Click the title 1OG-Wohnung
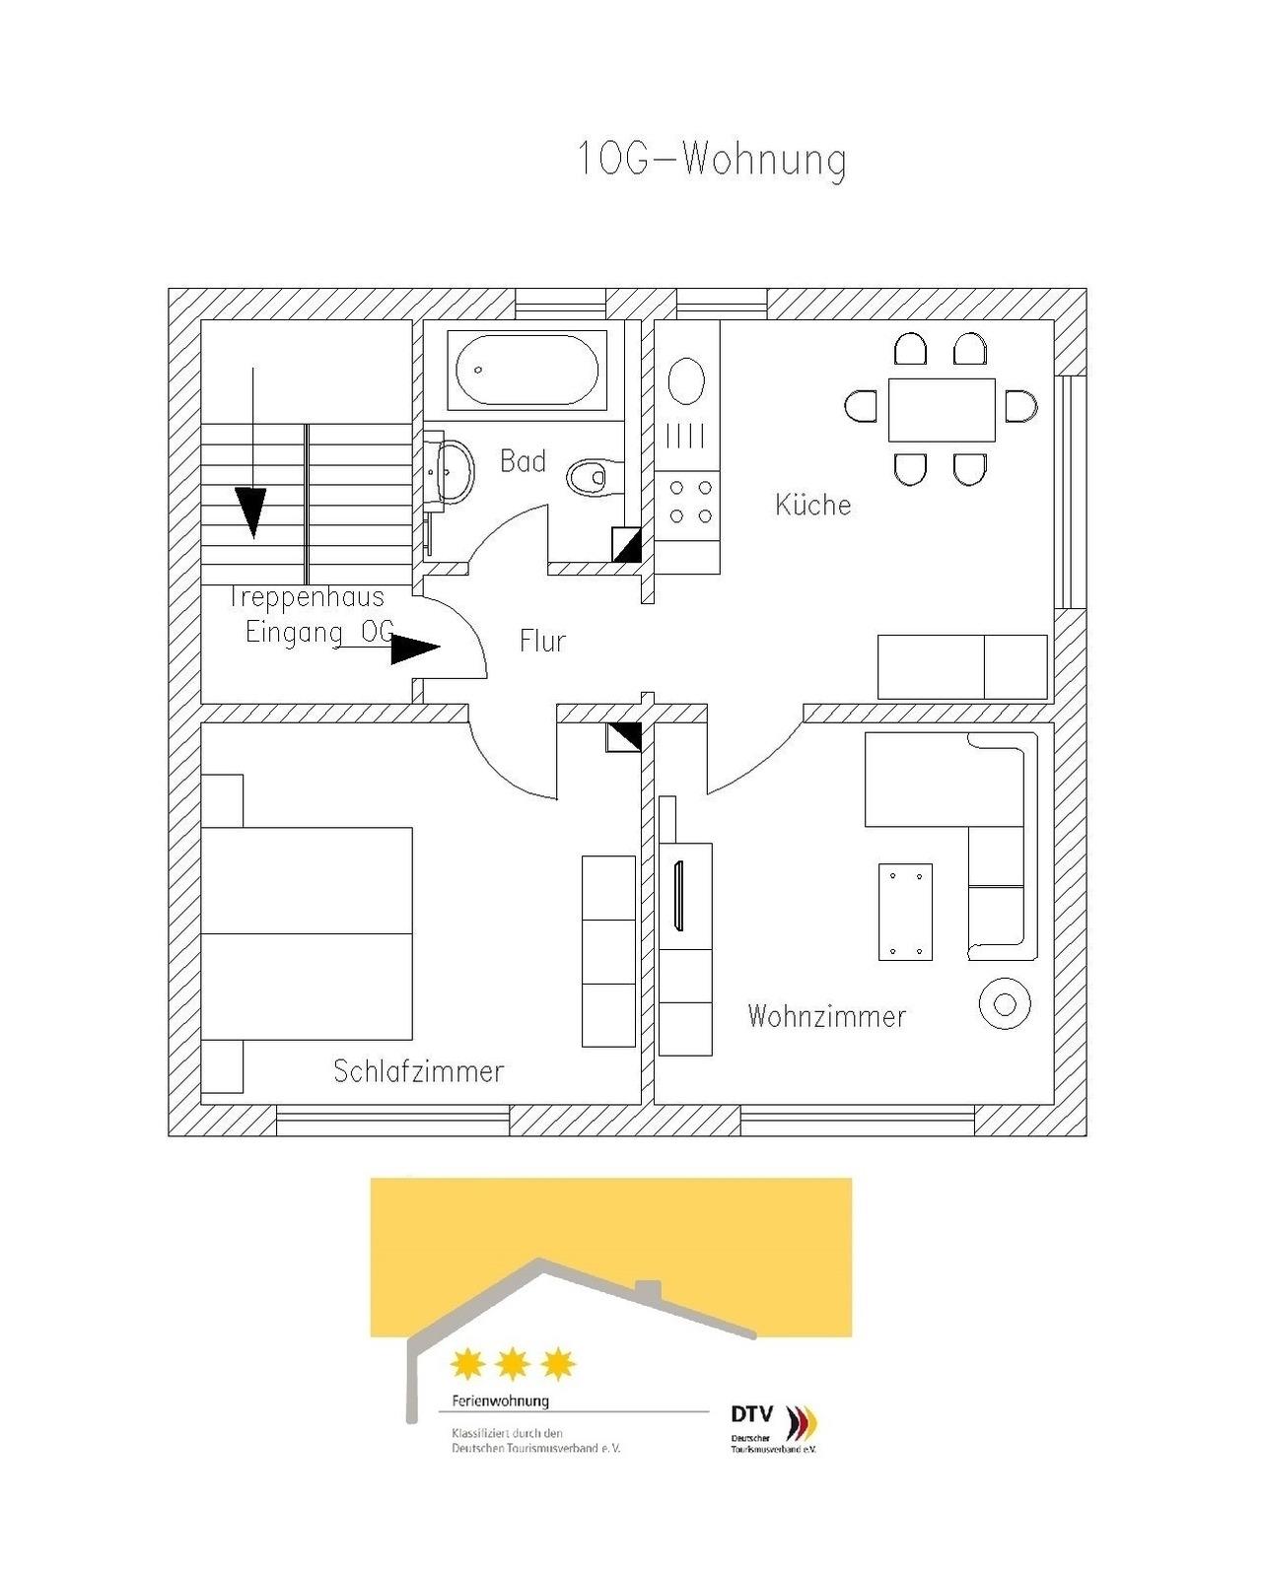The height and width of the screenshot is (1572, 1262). pyautogui.click(x=712, y=159)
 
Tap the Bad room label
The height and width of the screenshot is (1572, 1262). pyautogui.click(x=523, y=461)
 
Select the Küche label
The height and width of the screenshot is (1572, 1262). pyautogui.click(x=812, y=504)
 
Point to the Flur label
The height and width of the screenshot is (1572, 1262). pyautogui.click(x=542, y=641)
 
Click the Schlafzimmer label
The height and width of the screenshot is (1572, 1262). pyautogui.click(x=419, y=1071)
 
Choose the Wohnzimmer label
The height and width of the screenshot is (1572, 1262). pyautogui.click(x=826, y=1016)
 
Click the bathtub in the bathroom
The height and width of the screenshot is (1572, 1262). pyautogui.click(x=526, y=370)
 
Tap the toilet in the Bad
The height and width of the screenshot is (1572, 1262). pyautogui.click(x=595, y=478)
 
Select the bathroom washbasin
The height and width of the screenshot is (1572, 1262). pyautogui.click(x=451, y=471)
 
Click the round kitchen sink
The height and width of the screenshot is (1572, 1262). pyautogui.click(x=686, y=380)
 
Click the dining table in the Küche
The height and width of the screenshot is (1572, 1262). pyautogui.click(x=942, y=409)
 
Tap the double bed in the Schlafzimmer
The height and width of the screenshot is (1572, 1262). pyautogui.click(x=307, y=932)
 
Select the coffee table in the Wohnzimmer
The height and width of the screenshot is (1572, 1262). pyautogui.click(x=905, y=912)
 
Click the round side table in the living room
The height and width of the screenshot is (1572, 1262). pyautogui.click(x=1005, y=1004)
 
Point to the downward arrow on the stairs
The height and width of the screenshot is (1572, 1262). pyautogui.click(x=252, y=453)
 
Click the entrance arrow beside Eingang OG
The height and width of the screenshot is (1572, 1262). pyautogui.click(x=391, y=648)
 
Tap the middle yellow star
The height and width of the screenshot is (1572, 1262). pyautogui.click(x=513, y=1362)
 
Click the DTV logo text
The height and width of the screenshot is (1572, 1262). pyautogui.click(x=751, y=1412)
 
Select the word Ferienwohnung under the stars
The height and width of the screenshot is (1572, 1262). pyautogui.click(x=501, y=1401)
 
